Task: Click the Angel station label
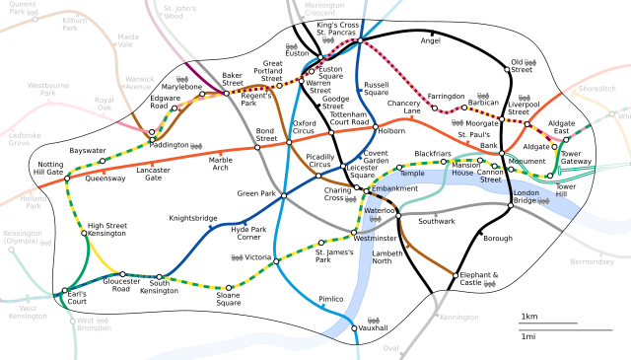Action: [431, 41]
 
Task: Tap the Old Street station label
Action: [521, 68]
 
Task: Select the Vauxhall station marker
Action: [354, 328]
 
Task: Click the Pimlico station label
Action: [331, 299]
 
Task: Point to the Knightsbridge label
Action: [193, 218]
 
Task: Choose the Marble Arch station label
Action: [221, 162]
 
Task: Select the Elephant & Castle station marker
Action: [456, 275]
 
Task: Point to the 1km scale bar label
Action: [528, 316]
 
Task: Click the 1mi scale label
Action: [528, 336]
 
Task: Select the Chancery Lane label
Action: [404, 108]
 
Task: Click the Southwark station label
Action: [437, 221]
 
